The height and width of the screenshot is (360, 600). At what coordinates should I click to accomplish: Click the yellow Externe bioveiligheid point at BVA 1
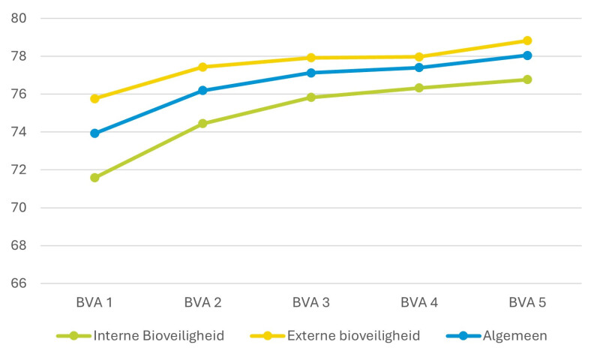pos(94,98)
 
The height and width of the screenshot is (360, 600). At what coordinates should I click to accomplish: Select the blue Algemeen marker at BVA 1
pos(94,133)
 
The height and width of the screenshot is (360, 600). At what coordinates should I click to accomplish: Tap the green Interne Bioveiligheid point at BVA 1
pos(94,178)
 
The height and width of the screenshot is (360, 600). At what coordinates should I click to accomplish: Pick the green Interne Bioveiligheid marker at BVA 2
pos(202,124)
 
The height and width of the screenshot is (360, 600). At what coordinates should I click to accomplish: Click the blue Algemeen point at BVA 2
pos(202,91)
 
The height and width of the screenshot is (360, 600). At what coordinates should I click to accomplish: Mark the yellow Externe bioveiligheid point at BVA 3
pos(310,58)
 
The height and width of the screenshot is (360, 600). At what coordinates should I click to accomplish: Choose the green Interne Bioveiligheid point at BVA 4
pos(418,88)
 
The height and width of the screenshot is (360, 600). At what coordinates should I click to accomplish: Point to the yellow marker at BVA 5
pos(527,40)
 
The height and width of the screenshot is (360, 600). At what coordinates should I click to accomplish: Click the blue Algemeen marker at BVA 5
pos(527,55)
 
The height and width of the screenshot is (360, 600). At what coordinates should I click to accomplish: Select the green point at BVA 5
pos(527,79)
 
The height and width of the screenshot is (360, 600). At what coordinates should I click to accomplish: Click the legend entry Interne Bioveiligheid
pos(157,335)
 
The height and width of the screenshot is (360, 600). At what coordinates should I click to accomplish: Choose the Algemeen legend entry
pos(514,335)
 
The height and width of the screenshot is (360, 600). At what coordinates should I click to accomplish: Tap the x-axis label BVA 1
pos(94,303)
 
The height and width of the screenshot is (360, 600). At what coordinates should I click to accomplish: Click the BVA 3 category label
pos(310,303)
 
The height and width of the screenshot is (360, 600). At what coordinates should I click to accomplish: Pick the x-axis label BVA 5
pos(527,303)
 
